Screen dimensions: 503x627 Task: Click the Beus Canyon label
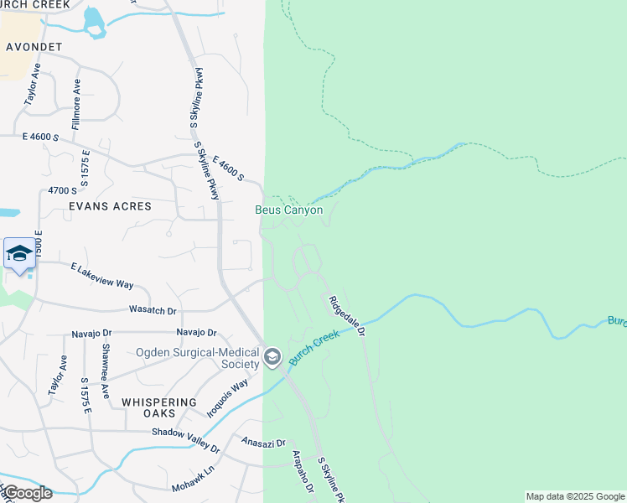coord(289,210)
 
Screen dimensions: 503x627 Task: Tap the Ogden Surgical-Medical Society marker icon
coord(272,358)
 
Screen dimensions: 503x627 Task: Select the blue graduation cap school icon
coord(19,254)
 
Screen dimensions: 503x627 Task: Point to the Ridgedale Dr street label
coord(346,316)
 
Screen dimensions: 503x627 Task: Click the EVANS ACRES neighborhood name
coord(111,206)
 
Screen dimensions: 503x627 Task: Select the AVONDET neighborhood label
coord(34,47)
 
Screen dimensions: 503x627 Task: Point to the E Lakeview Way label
coord(101,276)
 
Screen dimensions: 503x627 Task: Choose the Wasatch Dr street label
coord(153,310)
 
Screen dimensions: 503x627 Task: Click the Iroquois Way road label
coord(227,398)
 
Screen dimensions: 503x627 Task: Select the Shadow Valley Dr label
coord(185,440)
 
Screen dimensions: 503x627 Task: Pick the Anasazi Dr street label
coord(263,442)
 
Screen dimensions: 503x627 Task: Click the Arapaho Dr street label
coord(302,471)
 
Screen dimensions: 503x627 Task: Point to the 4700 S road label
coord(62,191)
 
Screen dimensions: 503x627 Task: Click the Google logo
coord(27,493)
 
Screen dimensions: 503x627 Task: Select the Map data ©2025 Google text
coord(575,496)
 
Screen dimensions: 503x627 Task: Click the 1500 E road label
coord(38,242)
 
